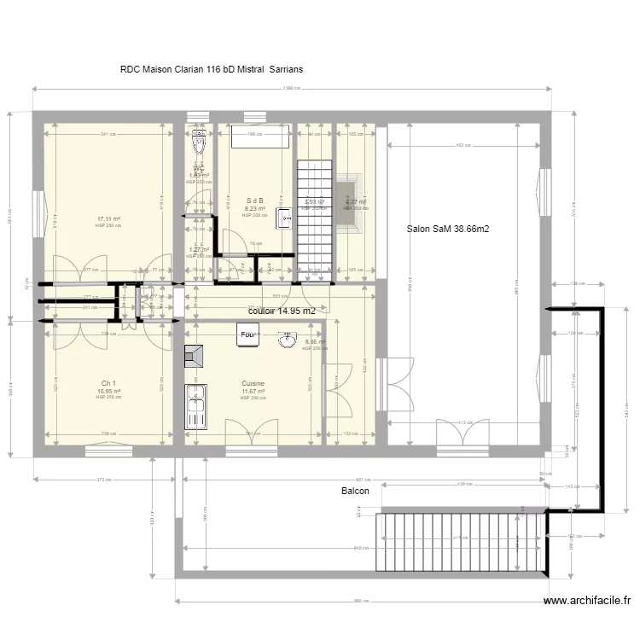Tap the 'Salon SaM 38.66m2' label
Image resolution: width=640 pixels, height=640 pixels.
pyautogui.click(x=448, y=229)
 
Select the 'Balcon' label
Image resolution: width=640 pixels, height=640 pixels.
pyautogui.click(x=355, y=492)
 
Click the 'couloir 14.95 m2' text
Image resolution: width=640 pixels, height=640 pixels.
pyautogui.click(x=282, y=311)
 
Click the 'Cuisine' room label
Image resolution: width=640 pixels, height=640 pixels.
pyautogui.click(x=253, y=384)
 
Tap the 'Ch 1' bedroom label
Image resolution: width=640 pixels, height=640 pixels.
pyautogui.click(x=108, y=383)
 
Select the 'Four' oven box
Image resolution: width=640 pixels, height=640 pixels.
pyautogui.click(x=248, y=335)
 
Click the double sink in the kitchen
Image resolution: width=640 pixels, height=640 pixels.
pyautogui.click(x=198, y=407)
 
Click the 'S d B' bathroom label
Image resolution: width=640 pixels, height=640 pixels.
pyautogui.click(x=254, y=201)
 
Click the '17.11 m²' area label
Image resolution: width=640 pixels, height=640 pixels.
pyautogui.click(x=108, y=218)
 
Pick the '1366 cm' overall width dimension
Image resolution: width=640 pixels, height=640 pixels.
pyautogui.click(x=289, y=89)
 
